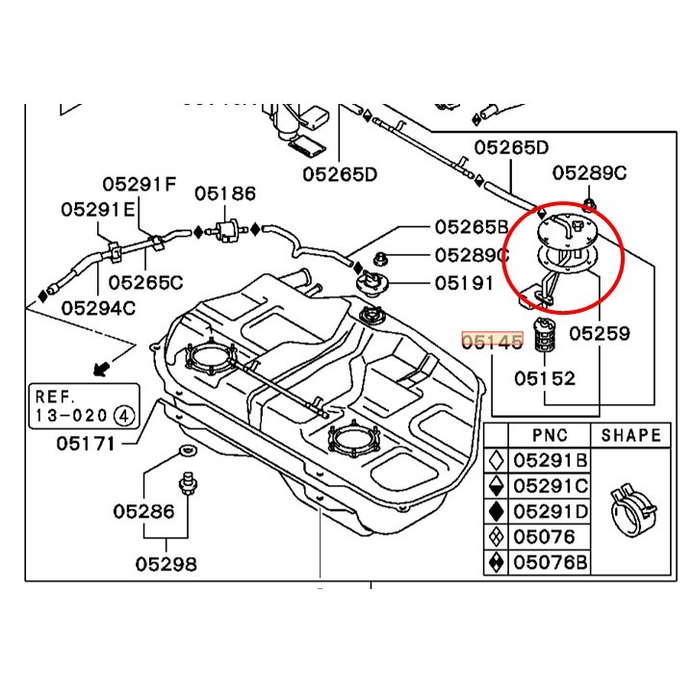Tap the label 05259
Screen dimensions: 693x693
pyautogui.click(x=599, y=334)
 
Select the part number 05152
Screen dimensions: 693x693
pyautogui.click(x=544, y=378)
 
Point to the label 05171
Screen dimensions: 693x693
pyautogui.click(x=85, y=444)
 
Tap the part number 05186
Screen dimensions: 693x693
pyautogui.click(x=225, y=193)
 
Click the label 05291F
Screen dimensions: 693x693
pyautogui.click(x=141, y=184)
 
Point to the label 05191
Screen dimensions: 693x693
pyautogui.click(x=463, y=284)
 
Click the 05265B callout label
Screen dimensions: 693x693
pyautogui.click(x=471, y=227)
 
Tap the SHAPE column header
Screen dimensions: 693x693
pyautogui.click(x=631, y=435)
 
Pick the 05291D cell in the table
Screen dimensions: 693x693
pyautogui.click(x=548, y=511)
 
